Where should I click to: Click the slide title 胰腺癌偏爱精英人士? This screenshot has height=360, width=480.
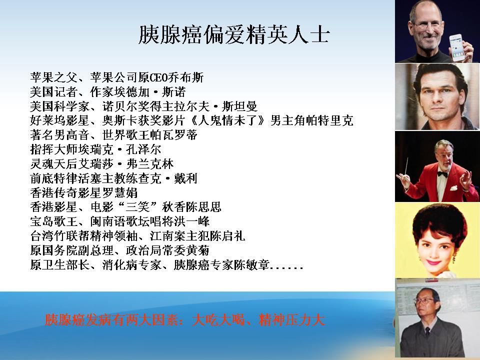[234, 34]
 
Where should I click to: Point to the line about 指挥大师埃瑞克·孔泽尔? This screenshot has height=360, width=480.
[95, 149]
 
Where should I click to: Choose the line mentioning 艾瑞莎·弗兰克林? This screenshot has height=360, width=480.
[102, 164]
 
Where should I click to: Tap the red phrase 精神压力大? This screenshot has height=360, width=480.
[291, 320]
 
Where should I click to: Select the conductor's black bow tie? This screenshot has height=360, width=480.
[442, 174]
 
